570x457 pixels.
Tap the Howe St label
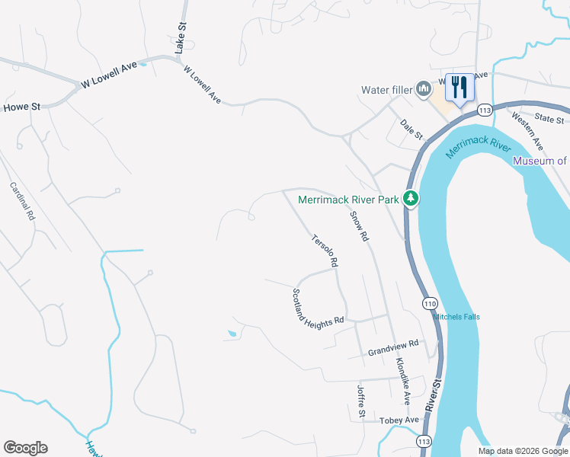coord(21,107)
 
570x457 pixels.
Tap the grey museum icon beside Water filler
coord(423,90)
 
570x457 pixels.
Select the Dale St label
coord(411,129)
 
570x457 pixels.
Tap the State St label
coord(549,120)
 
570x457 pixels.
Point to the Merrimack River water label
coord(477,140)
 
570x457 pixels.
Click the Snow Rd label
coord(360,226)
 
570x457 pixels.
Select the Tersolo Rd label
coord(324,251)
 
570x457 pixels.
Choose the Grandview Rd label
coord(393,348)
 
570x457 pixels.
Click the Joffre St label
coord(362,401)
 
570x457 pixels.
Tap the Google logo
coord(25,448)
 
